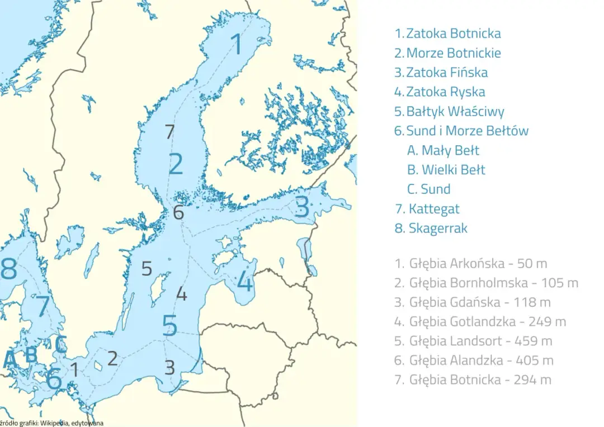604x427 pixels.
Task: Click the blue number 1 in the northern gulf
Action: click(x=237, y=44)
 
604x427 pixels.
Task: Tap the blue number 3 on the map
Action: click(x=301, y=207)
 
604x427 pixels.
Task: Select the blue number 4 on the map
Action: click(x=245, y=281)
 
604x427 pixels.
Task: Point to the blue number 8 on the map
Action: click(x=8, y=269)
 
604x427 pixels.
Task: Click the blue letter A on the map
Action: click(x=10, y=360)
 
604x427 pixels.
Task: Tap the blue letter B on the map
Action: click(x=31, y=354)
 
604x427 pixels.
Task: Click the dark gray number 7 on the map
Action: click(x=170, y=132)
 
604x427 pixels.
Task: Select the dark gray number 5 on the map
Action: click(x=147, y=269)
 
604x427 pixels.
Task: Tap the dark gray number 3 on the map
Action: click(x=169, y=367)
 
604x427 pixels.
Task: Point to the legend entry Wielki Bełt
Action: click(x=446, y=170)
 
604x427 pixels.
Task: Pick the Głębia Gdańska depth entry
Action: click(x=473, y=302)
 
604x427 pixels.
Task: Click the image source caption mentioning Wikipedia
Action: click(x=52, y=423)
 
